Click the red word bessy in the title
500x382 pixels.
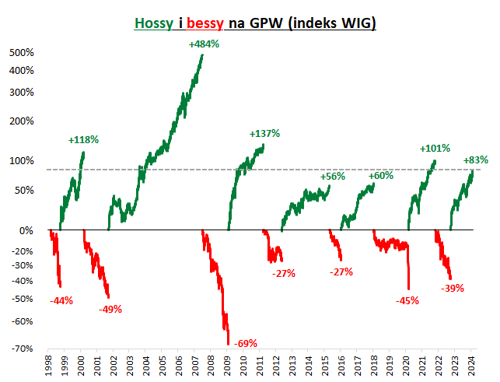pos(205,23)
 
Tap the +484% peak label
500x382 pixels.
pos(204,44)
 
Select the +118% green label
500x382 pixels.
pos(83,140)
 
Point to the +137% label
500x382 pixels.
pos(264,134)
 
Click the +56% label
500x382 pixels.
pos(332,177)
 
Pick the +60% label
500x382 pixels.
pos(381,176)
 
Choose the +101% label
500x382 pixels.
pos(435,149)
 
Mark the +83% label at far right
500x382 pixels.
pos(476,160)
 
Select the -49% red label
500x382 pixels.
pos(110,310)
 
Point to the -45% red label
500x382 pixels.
pos(407,300)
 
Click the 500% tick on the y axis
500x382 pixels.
pos(22,53)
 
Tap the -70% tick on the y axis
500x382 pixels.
pos(22,348)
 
